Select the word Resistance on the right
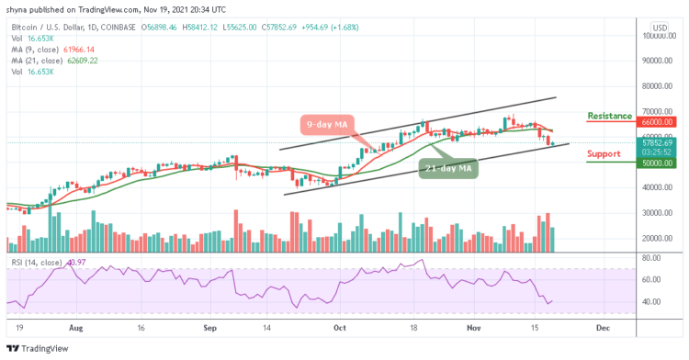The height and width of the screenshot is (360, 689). click(x=609, y=116)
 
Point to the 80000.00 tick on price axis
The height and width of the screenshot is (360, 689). click(x=658, y=86)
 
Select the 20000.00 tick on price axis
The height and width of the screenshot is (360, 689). click(x=658, y=238)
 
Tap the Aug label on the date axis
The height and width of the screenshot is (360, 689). click(x=76, y=326)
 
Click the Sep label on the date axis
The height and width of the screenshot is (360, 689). click(x=209, y=326)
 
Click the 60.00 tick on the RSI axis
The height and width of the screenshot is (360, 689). click(x=654, y=279)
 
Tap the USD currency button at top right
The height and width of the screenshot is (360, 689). click(x=659, y=28)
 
